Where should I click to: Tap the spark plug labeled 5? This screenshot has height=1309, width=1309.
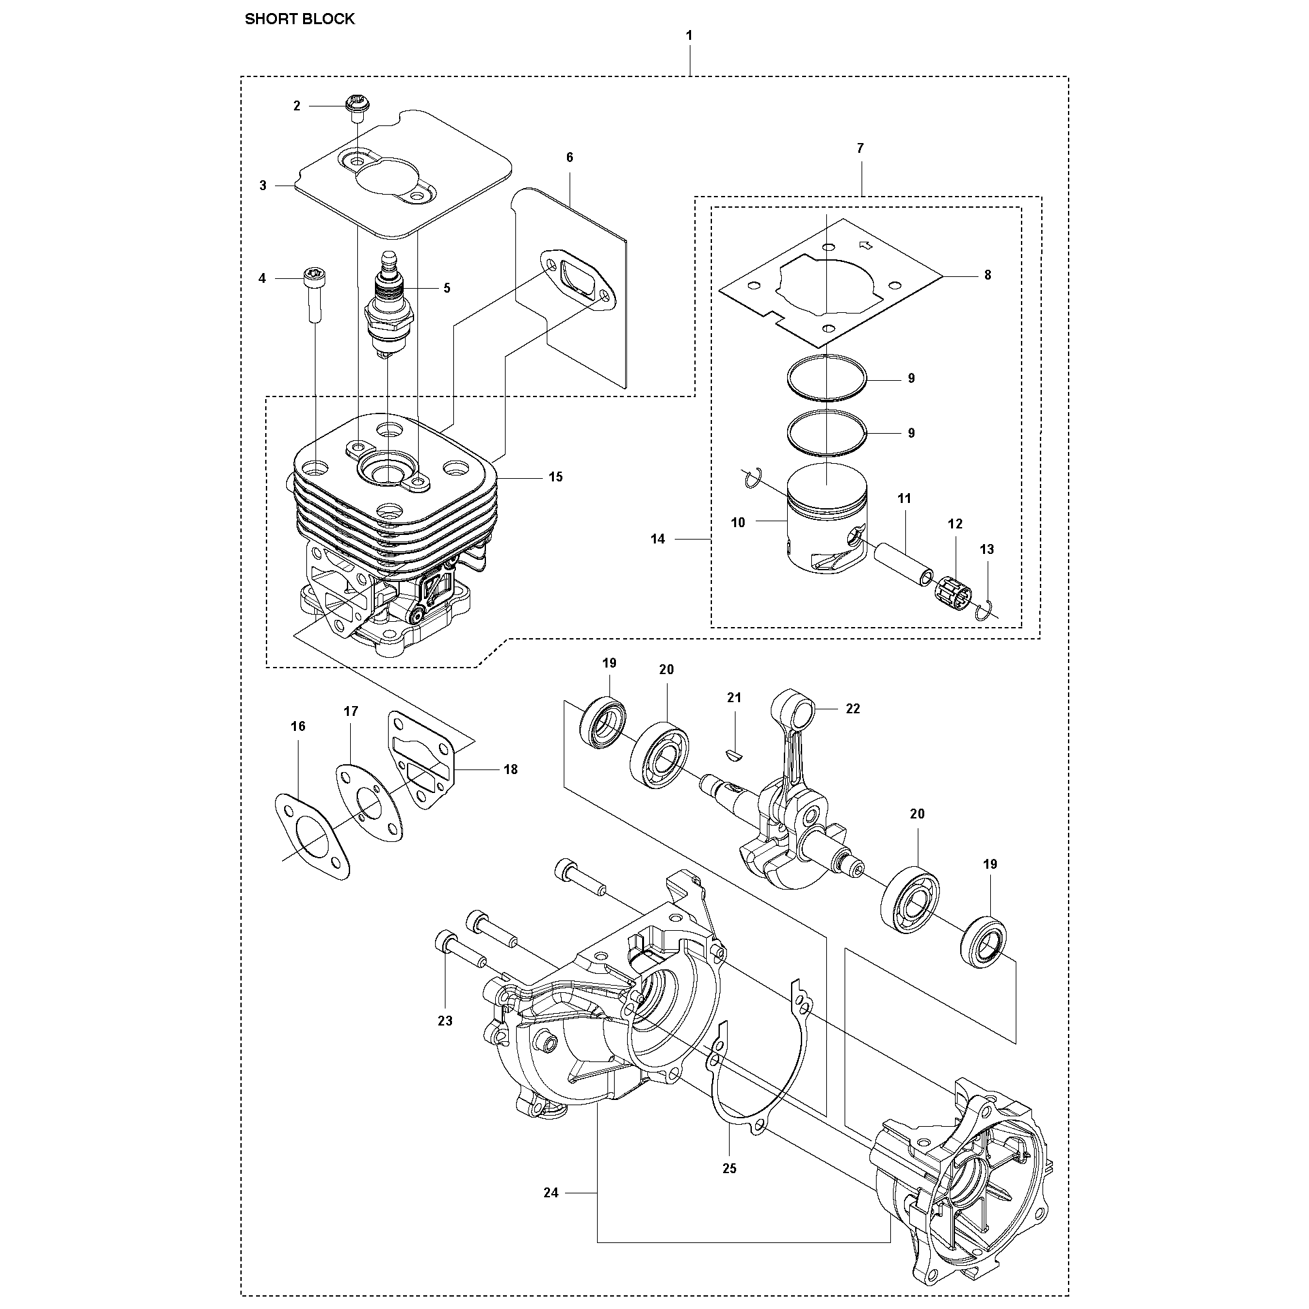click(x=387, y=305)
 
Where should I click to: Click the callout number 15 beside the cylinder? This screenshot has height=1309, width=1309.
click(x=556, y=477)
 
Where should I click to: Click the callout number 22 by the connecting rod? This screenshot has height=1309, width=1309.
click(x=853, y=709)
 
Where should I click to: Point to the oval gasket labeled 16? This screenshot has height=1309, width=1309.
click(x=312, y=837)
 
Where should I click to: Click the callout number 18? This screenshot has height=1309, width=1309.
click(x=510, y=769)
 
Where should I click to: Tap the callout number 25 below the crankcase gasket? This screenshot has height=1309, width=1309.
click(x=729, y=1169)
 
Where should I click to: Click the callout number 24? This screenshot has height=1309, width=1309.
click(x=551, y=1212)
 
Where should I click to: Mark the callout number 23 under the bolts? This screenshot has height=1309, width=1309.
click(x=444, y=1020)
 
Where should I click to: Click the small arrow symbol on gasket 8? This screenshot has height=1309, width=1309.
click(x=865, y=243)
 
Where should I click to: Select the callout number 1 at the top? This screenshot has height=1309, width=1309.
click(x=689, y=35)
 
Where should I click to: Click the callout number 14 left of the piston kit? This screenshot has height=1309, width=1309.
click(x=658, y=540)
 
